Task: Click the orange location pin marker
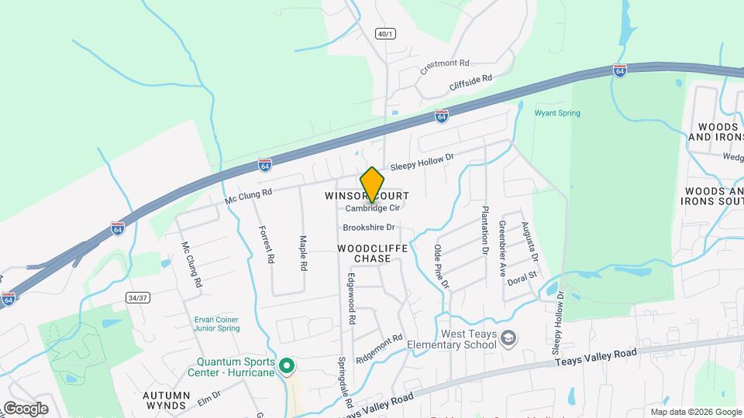372,185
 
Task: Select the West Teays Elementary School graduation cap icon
508,338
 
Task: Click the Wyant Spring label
557,113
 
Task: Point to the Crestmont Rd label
446,67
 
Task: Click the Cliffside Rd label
471,83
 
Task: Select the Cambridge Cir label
372,208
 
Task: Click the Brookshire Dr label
369,228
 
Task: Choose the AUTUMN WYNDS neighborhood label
165,399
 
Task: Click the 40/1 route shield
385,34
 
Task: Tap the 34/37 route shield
136,297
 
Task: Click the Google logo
26,408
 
